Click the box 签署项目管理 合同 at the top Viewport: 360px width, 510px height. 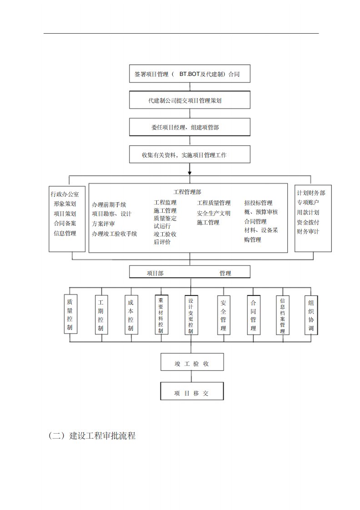[x=190, y=74]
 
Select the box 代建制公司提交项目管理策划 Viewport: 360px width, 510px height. [x=190, y=100]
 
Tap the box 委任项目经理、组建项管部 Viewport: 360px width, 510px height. [x=190, y=127]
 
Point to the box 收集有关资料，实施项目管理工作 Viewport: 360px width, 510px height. [x=190, y=155]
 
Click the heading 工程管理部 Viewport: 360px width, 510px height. [x=187, y=192]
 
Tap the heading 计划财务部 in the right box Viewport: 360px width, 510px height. [x=311, y=193]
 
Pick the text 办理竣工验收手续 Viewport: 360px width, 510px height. [x=114, y=234]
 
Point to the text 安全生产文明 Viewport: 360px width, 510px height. [x=214, y=213]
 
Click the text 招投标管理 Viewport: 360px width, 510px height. [x=258, y=203]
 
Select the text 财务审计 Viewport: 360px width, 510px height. [x=308, y=231]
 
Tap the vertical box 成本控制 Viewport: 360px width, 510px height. [x=131, y=315]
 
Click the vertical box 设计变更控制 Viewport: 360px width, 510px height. [x=191, y=315]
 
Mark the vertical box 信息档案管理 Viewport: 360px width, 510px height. [x=283, y=315]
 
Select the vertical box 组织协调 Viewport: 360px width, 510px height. [x=311, y=315]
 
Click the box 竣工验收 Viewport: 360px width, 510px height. [x=192, y=364]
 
